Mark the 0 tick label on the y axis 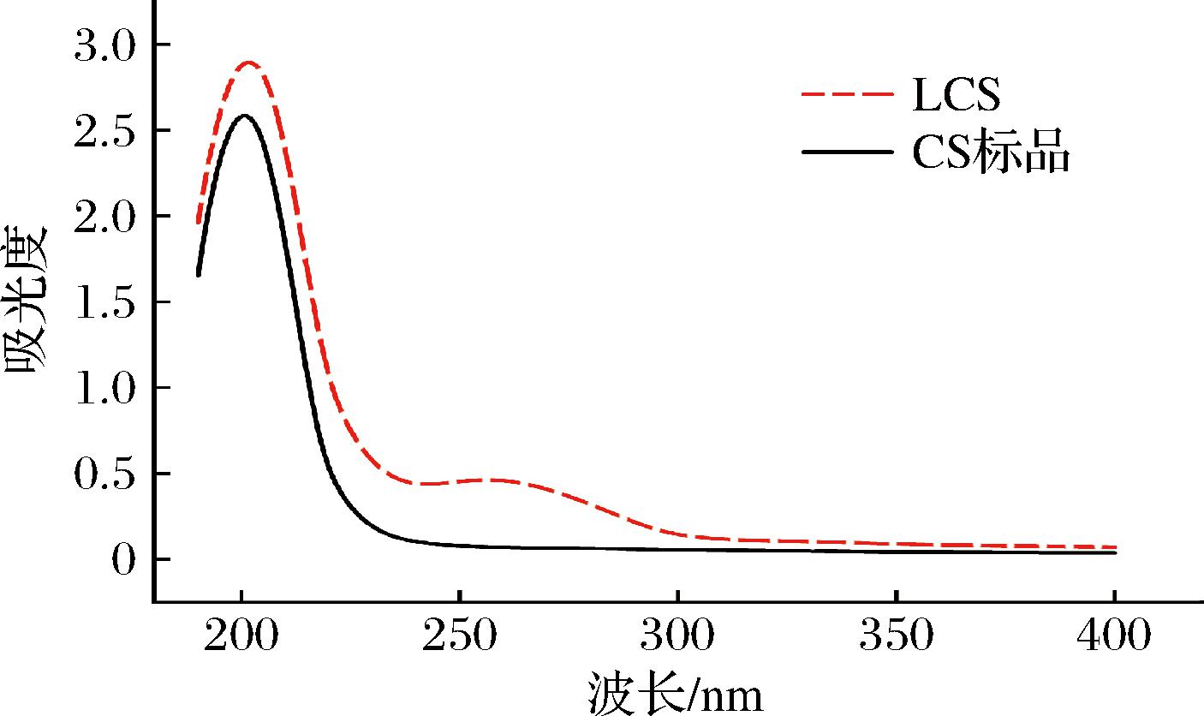tap(125, 559)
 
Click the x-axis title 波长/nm tap(676, 692)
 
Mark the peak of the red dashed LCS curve tap(249, 63)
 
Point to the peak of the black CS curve tap(245, 115)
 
